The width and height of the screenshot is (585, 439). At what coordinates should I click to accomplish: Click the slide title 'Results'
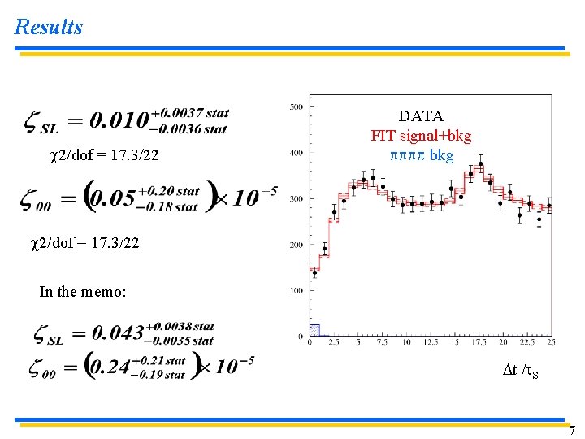click(49, 27)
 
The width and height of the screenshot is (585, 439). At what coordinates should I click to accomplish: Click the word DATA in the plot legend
click(421, 117)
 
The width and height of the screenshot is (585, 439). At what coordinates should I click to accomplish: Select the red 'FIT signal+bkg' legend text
click(421, 136)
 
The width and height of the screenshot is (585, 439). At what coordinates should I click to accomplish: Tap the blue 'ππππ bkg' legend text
click(421, 154)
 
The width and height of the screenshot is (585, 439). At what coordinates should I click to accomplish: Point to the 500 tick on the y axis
click(297, 106)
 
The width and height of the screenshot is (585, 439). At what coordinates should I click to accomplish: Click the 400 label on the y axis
click(297, 153)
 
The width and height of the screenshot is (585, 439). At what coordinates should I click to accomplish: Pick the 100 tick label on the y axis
click(297, 290)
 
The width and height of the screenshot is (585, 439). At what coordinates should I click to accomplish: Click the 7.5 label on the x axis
click(383, 342)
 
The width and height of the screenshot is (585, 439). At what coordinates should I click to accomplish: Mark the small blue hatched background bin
click(315, 330)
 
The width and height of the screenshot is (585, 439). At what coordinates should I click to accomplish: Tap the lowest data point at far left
click(315, 272)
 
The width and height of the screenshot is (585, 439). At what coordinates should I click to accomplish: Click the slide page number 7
click(572, 430)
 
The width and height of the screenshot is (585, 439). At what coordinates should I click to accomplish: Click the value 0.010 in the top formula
click(120, 121)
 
